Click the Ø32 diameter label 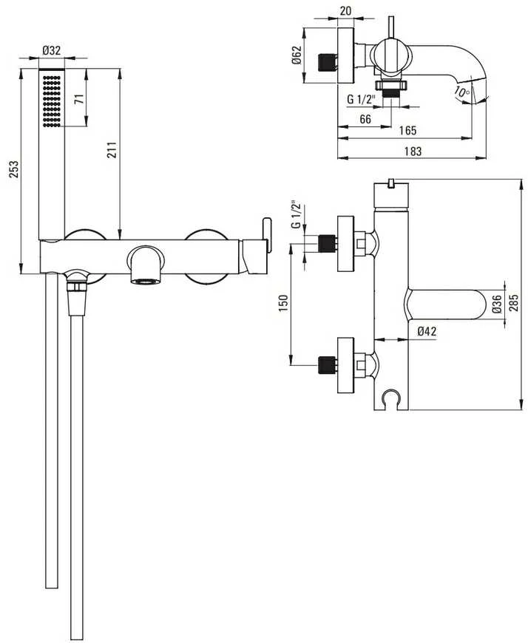[52, 50]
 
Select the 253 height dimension [14, 169]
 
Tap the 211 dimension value [113, 150]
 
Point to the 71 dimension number [80, 99]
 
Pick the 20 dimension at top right [346, 10]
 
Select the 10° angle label [462, 92]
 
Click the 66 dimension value [365, 119]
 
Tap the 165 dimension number [407, 130]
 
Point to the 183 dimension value [413, 152]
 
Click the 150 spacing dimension [283, 303]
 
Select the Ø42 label [427, 331]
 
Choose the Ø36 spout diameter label [497, 304]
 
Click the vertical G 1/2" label [295, 214]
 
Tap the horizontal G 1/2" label [362, 99]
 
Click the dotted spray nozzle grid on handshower [52, 101]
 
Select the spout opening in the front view [146, 282]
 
